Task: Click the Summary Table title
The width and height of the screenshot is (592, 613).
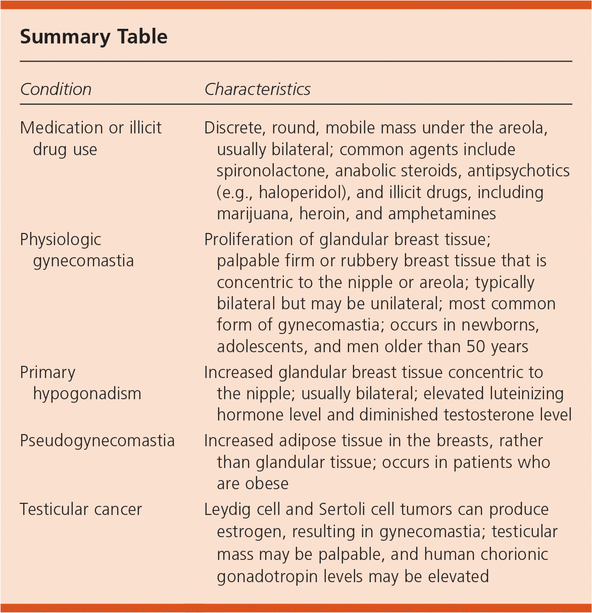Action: point(93,37)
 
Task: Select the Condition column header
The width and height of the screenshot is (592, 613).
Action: point(56,89)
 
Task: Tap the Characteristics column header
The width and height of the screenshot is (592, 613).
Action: point(257,89)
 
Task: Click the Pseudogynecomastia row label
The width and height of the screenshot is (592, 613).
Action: point(97,441)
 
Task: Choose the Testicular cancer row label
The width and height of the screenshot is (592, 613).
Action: point(81,509)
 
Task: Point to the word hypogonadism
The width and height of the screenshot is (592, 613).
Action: point(87,394)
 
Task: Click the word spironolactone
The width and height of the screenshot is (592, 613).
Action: point(273,171)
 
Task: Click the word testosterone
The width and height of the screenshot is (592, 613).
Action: point(492,415)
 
